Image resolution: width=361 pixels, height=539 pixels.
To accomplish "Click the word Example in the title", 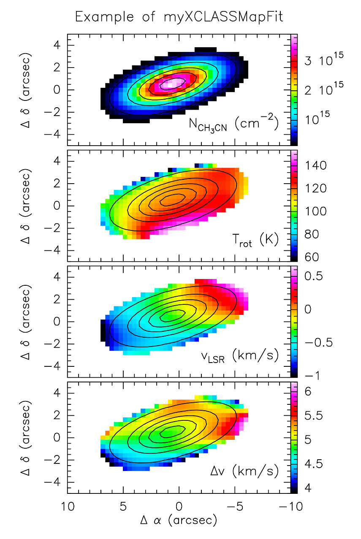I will [x=103, y=18].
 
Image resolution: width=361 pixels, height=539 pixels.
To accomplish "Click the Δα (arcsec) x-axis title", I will [x=179, y=520].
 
